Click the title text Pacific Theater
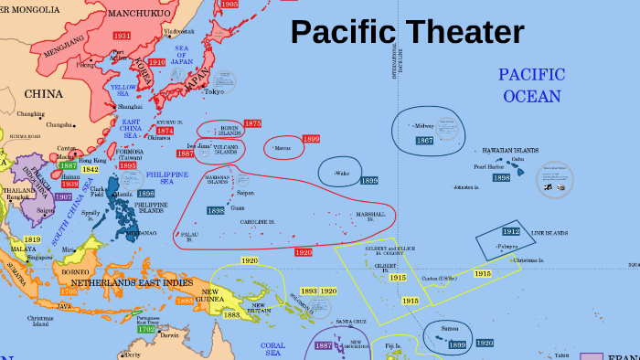407,33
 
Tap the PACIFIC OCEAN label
531,84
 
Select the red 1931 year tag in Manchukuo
122,35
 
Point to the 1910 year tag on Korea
156,62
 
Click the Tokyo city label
214,91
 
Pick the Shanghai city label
130,106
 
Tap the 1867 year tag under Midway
424,141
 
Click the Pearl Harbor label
488,167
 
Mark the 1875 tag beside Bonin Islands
252,123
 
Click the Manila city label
124,194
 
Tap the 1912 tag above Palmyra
510,232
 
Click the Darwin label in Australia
168,335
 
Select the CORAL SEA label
273,350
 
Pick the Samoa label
449,328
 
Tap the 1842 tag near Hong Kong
90,169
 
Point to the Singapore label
40,258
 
